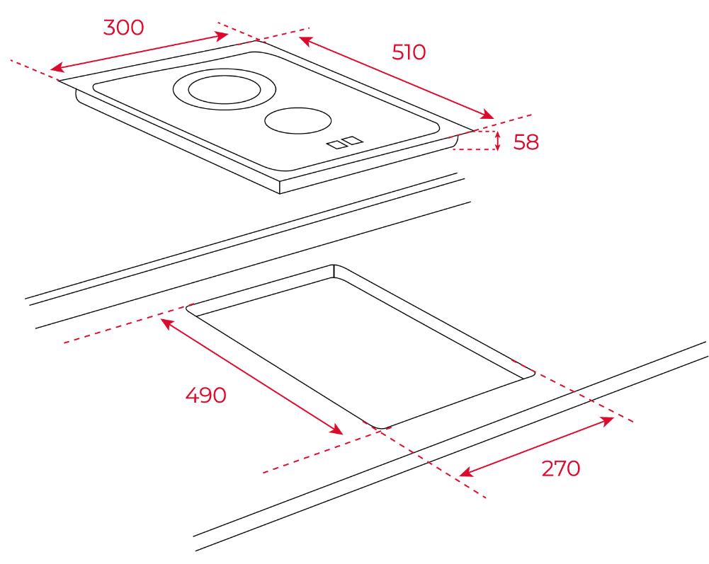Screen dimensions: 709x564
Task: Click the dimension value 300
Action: coord(123,28)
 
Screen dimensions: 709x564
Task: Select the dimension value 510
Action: coord(409,52)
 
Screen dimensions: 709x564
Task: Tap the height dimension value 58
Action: coord(526,142)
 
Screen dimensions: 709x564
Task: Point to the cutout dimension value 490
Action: coord(205,395)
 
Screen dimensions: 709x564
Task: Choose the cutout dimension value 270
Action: coord(561,468)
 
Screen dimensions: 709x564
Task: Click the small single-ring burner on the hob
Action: coord(298,120)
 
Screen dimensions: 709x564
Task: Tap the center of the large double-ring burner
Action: coord(225,89)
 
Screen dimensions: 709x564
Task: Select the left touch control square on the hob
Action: coord(336,144)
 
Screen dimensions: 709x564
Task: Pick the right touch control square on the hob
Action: coord(353,140)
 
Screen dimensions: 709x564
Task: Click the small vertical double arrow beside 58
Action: coord(498,140)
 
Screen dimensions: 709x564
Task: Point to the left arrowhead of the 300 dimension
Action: coord(56,68)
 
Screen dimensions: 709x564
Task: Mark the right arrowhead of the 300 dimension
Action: coord(222,35)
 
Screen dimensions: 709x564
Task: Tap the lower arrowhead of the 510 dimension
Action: coord(487,115)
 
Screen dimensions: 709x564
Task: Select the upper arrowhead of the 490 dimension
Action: coord(167,323)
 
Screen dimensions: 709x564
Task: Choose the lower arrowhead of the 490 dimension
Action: coord(336,430)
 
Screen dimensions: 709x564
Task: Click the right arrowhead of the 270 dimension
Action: coord(606,421)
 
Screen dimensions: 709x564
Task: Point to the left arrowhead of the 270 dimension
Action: coord(466,472)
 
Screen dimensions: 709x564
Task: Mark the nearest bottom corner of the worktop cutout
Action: coord(379,427)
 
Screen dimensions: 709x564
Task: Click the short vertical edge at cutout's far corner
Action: coord(334,271)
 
